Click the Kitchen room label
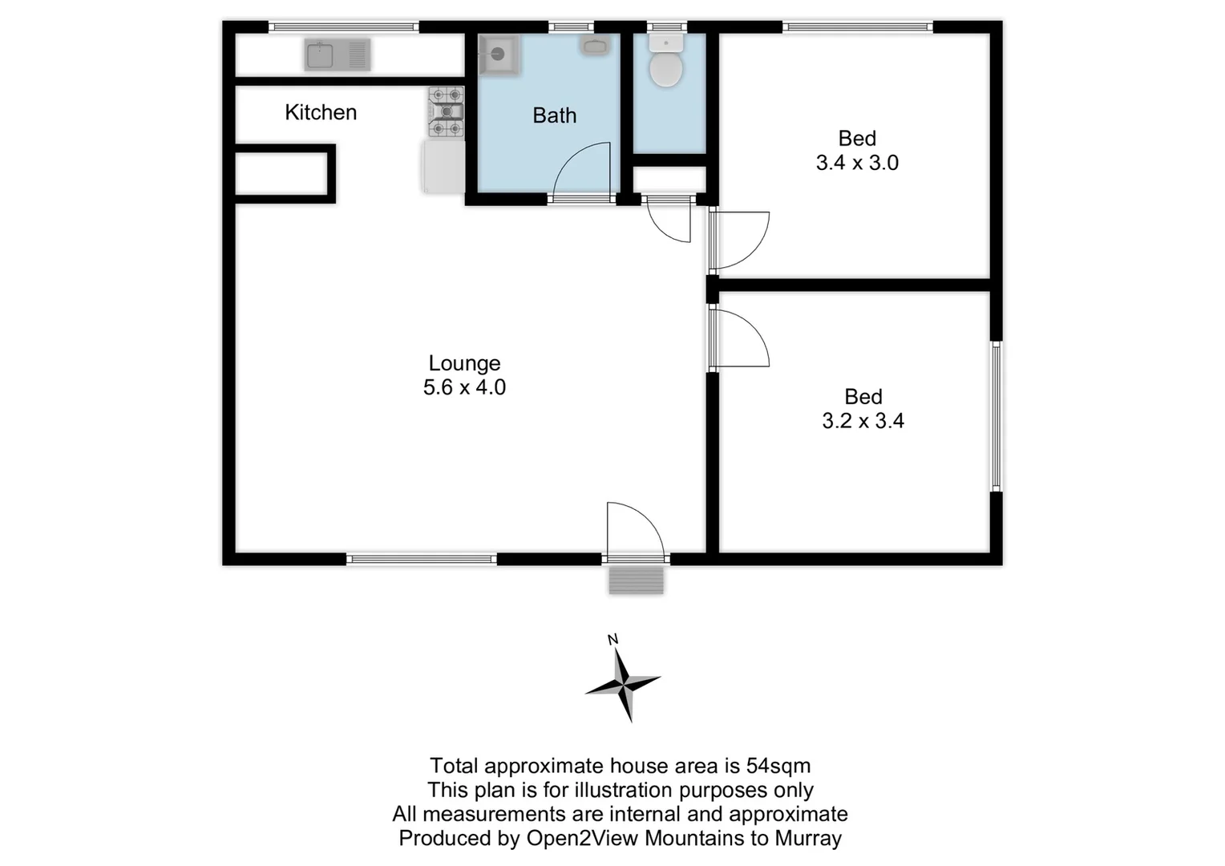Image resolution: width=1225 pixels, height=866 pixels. (x=320, y=112)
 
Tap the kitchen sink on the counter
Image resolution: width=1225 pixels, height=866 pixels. (x=337, y=55)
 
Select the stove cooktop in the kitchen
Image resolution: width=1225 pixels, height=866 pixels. (x=446, y=112)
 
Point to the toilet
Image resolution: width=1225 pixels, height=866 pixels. (x=665, y=63)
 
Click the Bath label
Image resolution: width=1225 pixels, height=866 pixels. (x=554, y=115)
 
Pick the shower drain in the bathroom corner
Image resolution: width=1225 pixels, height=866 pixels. (x=498, y=55)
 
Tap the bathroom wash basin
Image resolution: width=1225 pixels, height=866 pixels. (x=595, y=47)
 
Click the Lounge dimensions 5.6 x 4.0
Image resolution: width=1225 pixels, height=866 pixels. (x=464, y=387)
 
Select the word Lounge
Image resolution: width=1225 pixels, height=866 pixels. (x=464, y=363)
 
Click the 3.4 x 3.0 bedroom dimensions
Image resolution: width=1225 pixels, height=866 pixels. (x=857, y=163)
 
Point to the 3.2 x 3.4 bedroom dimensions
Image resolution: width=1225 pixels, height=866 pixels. (x=863, y=421)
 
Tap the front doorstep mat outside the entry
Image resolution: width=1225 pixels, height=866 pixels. (x=636, y=580)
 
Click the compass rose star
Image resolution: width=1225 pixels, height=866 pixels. (x=623, y=684)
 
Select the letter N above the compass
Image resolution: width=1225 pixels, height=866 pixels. (x=613, y=639)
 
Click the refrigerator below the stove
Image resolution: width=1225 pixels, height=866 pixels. (x=443, y=167)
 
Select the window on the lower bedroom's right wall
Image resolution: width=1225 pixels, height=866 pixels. (x=996, y=416)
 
